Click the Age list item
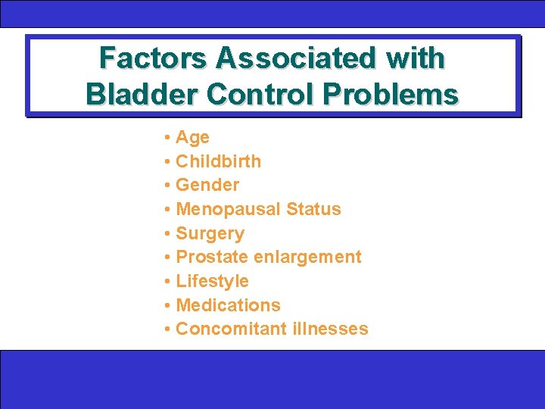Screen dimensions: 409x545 192,138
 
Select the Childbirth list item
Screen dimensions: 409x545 218,161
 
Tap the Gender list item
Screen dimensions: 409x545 207,186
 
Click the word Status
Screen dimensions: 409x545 313,209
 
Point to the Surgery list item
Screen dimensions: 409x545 210,234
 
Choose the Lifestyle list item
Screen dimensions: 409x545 212,282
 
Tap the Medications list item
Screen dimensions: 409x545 228,305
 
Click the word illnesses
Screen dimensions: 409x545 329,329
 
